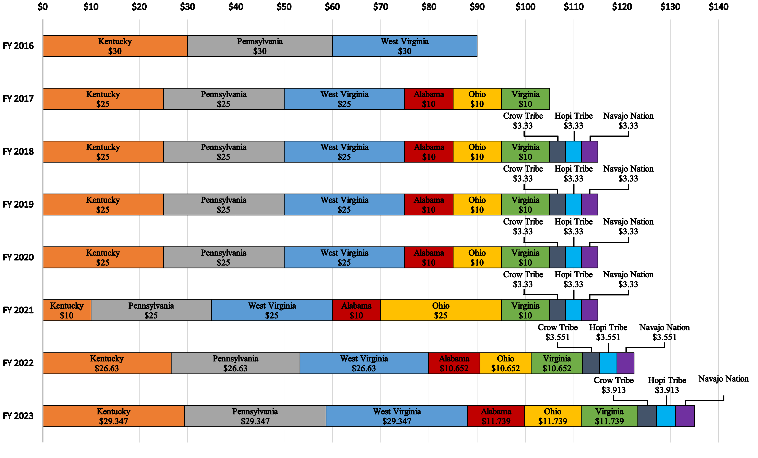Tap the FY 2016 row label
pos(18,46)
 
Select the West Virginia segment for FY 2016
pos(405,46)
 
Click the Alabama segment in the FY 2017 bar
pos(429,99)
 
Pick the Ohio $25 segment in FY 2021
pos(441,310)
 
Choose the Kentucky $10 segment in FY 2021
pos(67,310)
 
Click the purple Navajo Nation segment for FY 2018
pos(590,152)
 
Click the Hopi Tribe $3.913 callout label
pos(667,385)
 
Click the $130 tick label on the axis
pos(670,7)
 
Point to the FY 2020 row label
pos(18,257)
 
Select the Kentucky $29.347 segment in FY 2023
pos(113,416)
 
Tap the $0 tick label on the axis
pos(43,7)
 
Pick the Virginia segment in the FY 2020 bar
pos(525,257)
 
